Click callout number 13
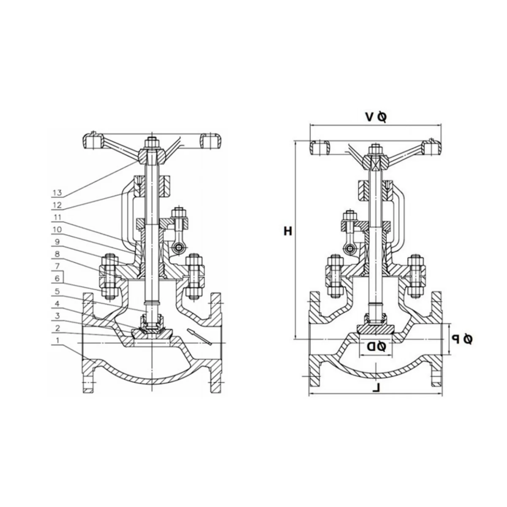point(57,193)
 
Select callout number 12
point(57,204)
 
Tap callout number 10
point(57,229)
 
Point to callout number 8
point(57,254)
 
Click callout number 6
point(57,278)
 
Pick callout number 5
point(57,291)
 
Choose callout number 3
point(57,316)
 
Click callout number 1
point(57,341)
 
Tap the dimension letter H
point(288,231)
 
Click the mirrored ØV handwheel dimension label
point(376,117)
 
